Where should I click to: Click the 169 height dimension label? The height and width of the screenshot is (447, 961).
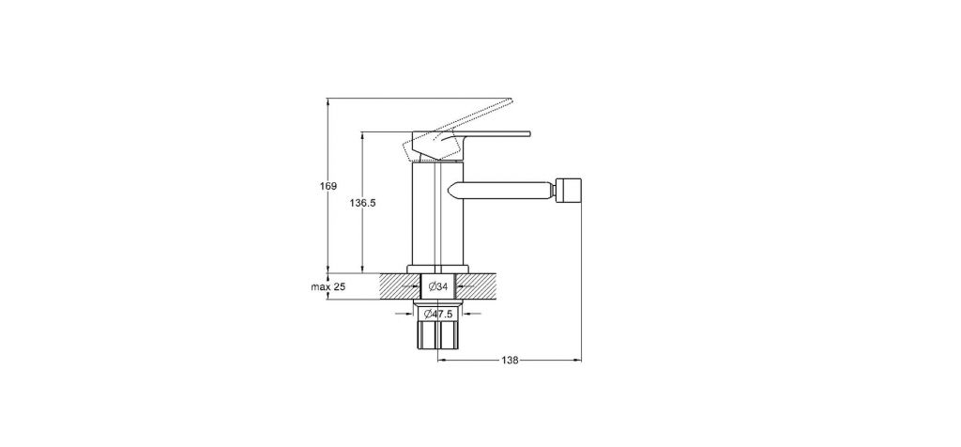click(x=329, y=186)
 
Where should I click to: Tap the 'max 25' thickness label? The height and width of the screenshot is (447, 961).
click(x=328, y=286)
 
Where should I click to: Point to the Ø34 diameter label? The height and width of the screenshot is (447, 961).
click(x=438, y=286)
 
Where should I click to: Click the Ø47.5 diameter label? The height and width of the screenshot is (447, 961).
click(x=439, y=314)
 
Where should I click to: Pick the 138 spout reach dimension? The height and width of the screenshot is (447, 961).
click(x=510, y=361)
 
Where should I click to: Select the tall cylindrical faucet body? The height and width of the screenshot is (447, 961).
click(x=438, y=216)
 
